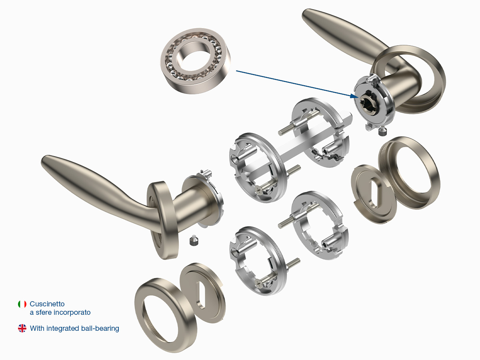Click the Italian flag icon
pyautogui.click(x=22, y=304)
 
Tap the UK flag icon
pyautogui.click(x=22, y=328)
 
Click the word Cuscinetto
pyautogui.click(x=47, y=304)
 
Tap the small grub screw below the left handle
pyautogui.click(x=194, y=240)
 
